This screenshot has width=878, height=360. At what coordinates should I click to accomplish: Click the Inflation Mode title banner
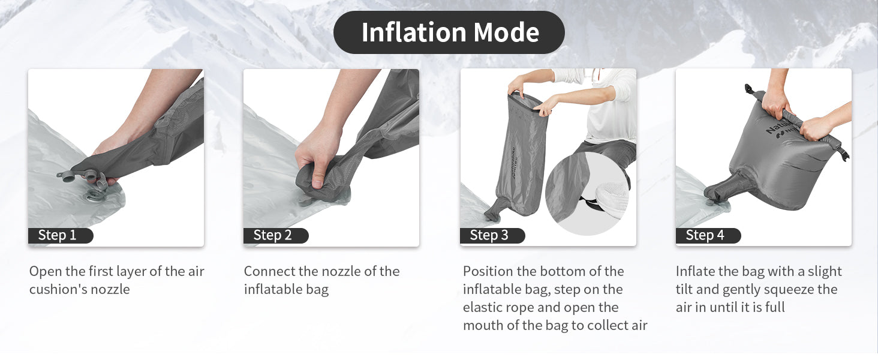coord(449,32)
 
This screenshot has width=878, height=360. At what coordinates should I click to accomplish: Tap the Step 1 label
coord(61,235)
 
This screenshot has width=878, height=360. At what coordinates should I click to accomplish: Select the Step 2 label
coord(276,235)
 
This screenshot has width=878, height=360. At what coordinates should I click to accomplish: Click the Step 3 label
coord(492,235)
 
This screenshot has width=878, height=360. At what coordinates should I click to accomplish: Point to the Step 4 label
coord(708,235)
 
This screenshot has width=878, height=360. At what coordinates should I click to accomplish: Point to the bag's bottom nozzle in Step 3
coord(495,209)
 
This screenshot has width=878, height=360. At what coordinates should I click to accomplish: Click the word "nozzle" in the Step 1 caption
coord(110,289)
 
